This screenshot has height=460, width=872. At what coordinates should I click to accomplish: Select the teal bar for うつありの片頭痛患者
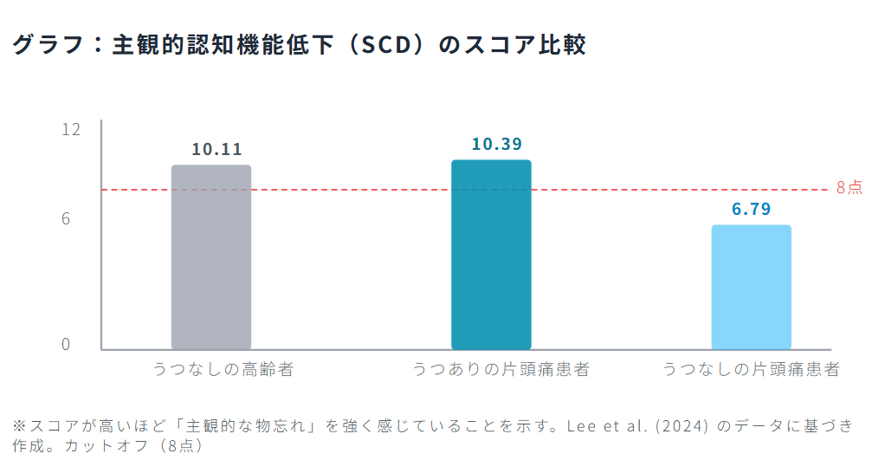click(x=491, y=255)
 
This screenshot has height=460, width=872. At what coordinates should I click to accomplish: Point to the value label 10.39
click(x=497, y=144)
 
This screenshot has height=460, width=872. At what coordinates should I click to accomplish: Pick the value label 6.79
click(x=751, y=209)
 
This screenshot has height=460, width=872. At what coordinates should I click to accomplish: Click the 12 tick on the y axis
click(x=71, y=129)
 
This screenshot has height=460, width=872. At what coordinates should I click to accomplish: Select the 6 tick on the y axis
click(x=66, y=219)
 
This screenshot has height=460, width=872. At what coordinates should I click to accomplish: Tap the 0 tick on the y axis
click(x=66, y=344)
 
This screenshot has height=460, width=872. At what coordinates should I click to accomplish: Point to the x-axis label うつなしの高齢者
click(x=223, y=370)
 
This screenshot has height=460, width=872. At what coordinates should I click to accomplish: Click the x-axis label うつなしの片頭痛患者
click(x=752, y=370)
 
